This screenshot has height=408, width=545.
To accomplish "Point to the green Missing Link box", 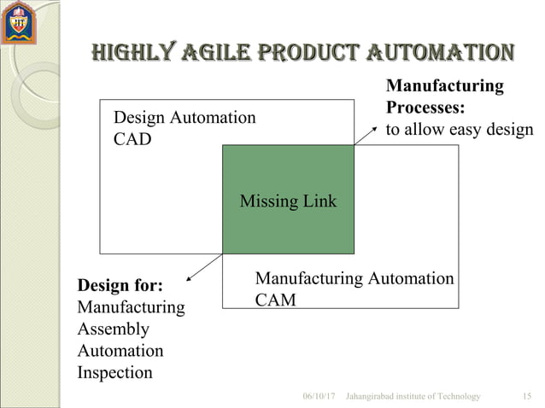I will click(x=288, y=200).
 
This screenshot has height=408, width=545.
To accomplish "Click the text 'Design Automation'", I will click(x=185, y=118).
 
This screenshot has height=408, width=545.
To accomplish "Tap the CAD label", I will click(x=132, y=138).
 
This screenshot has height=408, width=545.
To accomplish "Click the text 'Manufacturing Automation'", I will click(x=355, y=279).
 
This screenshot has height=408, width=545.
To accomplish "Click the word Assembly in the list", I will click(x=113, y=329).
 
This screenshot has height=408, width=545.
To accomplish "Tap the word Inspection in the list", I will click(x=114, y=373).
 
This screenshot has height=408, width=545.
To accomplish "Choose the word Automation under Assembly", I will click(x=120, y=351).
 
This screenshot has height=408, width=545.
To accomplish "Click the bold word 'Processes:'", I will click(x=425, y=108).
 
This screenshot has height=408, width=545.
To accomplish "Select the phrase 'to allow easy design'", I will click(x=459, y=131).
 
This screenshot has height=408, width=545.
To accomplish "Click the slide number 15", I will click(x=526, y=397).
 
